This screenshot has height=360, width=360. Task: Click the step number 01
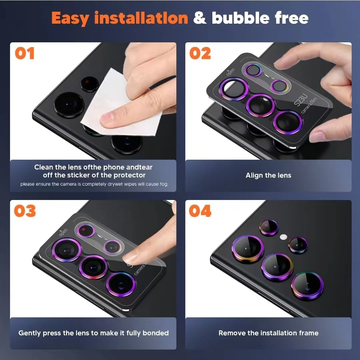tap(25, 53)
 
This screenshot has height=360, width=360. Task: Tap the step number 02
tap(200, 53)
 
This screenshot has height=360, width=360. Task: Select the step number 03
tap(25, 211)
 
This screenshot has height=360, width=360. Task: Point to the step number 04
tap(200, 211)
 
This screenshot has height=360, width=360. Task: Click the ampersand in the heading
tap(200, 18)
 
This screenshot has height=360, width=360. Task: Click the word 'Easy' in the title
tap(70, 18)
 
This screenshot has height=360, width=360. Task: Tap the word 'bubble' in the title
tap(240, 18)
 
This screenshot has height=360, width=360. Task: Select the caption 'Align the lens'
tap(268, 175)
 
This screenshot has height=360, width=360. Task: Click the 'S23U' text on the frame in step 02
tap(301, 100)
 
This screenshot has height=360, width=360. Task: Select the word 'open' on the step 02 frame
tap(230, 72)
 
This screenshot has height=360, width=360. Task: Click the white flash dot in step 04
tap(284, 237)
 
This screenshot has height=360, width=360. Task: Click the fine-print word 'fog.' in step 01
tap(164, 184)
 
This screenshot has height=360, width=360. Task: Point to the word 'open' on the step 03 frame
tap(63, 232)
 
